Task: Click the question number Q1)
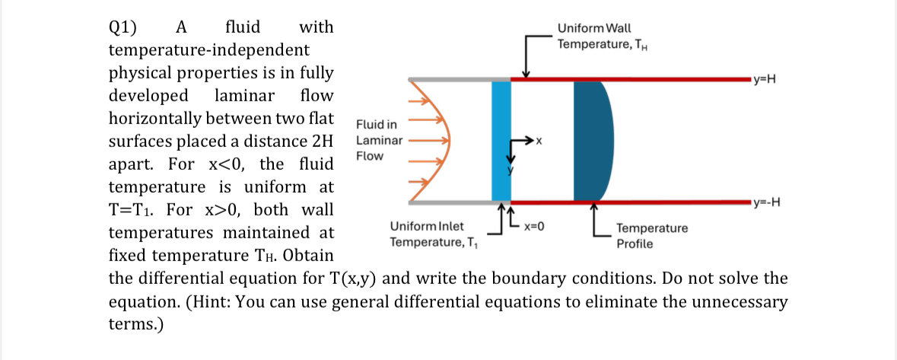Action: (x=123, y=28)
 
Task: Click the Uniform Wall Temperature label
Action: (x=601, y=36)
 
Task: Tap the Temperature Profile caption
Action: (x=651, y=235)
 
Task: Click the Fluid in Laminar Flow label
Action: (x=378, y=140)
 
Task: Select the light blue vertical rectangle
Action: (x=501, y=141)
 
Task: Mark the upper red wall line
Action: (x=631, y=78)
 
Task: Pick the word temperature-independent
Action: (x=209, y=51)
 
